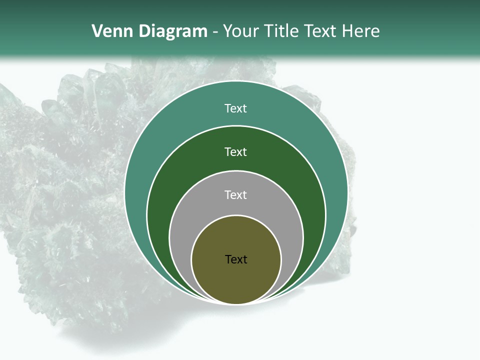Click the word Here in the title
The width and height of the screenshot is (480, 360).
(360, 31)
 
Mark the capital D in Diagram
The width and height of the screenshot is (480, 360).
(144, 31)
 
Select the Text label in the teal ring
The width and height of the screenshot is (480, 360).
(236, 108)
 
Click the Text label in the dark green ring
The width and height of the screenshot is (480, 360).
(236, 151)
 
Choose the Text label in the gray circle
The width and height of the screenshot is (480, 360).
(236, 194)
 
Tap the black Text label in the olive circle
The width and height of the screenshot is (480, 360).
(236, 259)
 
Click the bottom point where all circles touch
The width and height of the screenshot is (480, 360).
(236, 303)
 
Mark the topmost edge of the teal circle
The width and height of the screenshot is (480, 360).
(236, 81)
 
